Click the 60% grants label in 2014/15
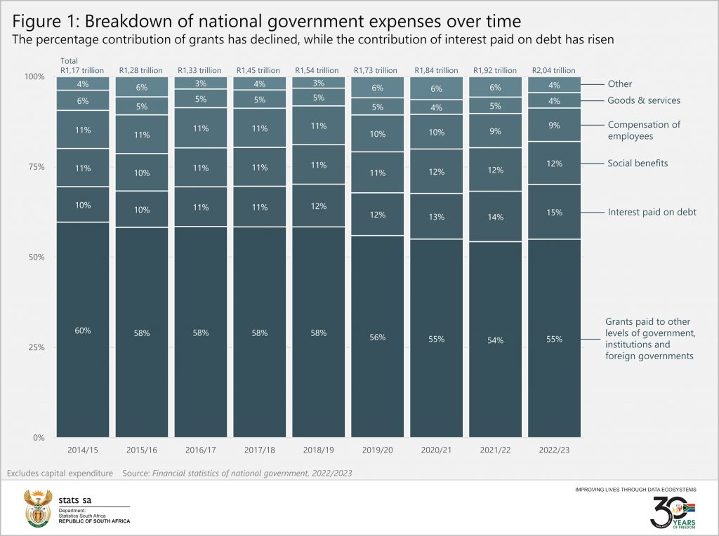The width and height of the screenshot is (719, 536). tap(83, 330)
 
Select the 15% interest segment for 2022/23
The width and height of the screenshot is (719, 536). tap(554, 212)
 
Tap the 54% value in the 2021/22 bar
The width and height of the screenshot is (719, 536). tap(495, 340)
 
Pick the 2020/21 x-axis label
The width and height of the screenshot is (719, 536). tap(436, 448)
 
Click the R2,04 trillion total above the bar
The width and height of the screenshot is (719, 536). tap(554, 70)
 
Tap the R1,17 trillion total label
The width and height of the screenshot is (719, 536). tap(83, 70)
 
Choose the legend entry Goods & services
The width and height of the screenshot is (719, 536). tap(644, 100)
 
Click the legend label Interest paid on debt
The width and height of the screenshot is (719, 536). tap(652, 212)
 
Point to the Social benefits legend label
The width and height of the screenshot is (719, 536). tap(638, 163)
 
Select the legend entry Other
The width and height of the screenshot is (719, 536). tap(620, 84)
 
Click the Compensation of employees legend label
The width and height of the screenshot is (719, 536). tap(644, 130)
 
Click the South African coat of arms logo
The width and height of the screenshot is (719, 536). tap(38, 508)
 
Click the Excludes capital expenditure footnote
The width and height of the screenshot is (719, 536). tap(60, 474)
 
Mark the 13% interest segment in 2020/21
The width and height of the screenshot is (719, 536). tap(436, 217)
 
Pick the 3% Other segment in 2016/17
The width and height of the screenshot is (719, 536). tap(201, 83)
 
